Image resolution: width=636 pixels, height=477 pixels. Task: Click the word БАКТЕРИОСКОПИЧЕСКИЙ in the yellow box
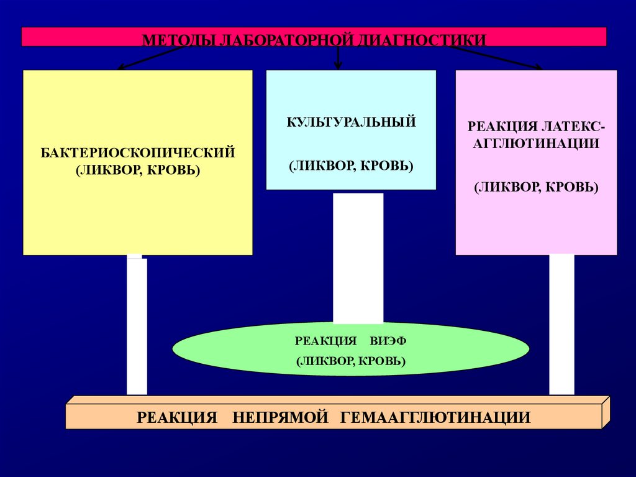(x=138, y=153)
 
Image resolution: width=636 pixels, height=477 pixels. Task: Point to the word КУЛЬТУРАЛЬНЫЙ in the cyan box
(x=352, y=123)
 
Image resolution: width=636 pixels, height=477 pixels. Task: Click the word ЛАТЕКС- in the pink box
(x=573, y=126)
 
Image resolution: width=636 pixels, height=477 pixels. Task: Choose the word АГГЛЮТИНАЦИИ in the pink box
(x=536, y=144)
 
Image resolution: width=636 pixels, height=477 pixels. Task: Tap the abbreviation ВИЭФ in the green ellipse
(x=388, y=341)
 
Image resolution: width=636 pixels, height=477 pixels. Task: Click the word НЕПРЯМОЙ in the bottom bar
(x=280, y=417)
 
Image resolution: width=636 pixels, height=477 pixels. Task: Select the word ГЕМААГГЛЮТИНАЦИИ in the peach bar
(x=435, y=417)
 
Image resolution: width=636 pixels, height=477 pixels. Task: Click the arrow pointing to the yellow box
(x=152, y=57)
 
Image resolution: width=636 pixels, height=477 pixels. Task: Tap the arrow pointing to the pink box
(x=496, y=57)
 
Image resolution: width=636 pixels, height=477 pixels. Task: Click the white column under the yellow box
(x=137, y=325)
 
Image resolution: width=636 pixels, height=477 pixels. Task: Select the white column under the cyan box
(x=358, y=259)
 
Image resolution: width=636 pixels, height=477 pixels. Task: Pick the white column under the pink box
(x=561, y=325)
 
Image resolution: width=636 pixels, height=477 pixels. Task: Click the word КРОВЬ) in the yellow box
(x=174, y=170)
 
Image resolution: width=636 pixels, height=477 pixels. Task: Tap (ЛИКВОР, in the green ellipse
(x=321, y=361)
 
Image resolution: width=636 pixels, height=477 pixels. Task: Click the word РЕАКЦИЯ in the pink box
(x=502, y=126)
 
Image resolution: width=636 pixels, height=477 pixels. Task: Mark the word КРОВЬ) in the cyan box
(x=387, y=166)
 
